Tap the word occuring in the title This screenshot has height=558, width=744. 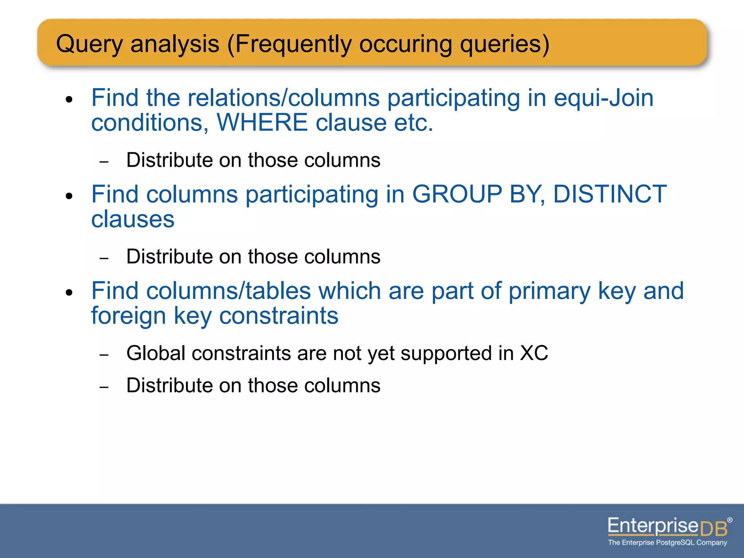(405, 44)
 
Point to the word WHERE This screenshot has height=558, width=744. (262, 122)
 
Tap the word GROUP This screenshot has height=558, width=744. (457, 194)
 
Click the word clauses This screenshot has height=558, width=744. (133, 219)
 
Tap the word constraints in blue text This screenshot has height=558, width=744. (279, 315)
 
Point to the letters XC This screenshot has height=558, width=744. (534, 353)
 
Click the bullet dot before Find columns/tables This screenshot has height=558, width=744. (69, 292)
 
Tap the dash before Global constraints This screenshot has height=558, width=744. (104, 355)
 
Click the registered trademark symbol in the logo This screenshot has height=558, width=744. (730, 520)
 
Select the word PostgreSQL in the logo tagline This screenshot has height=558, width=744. (675, 543)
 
